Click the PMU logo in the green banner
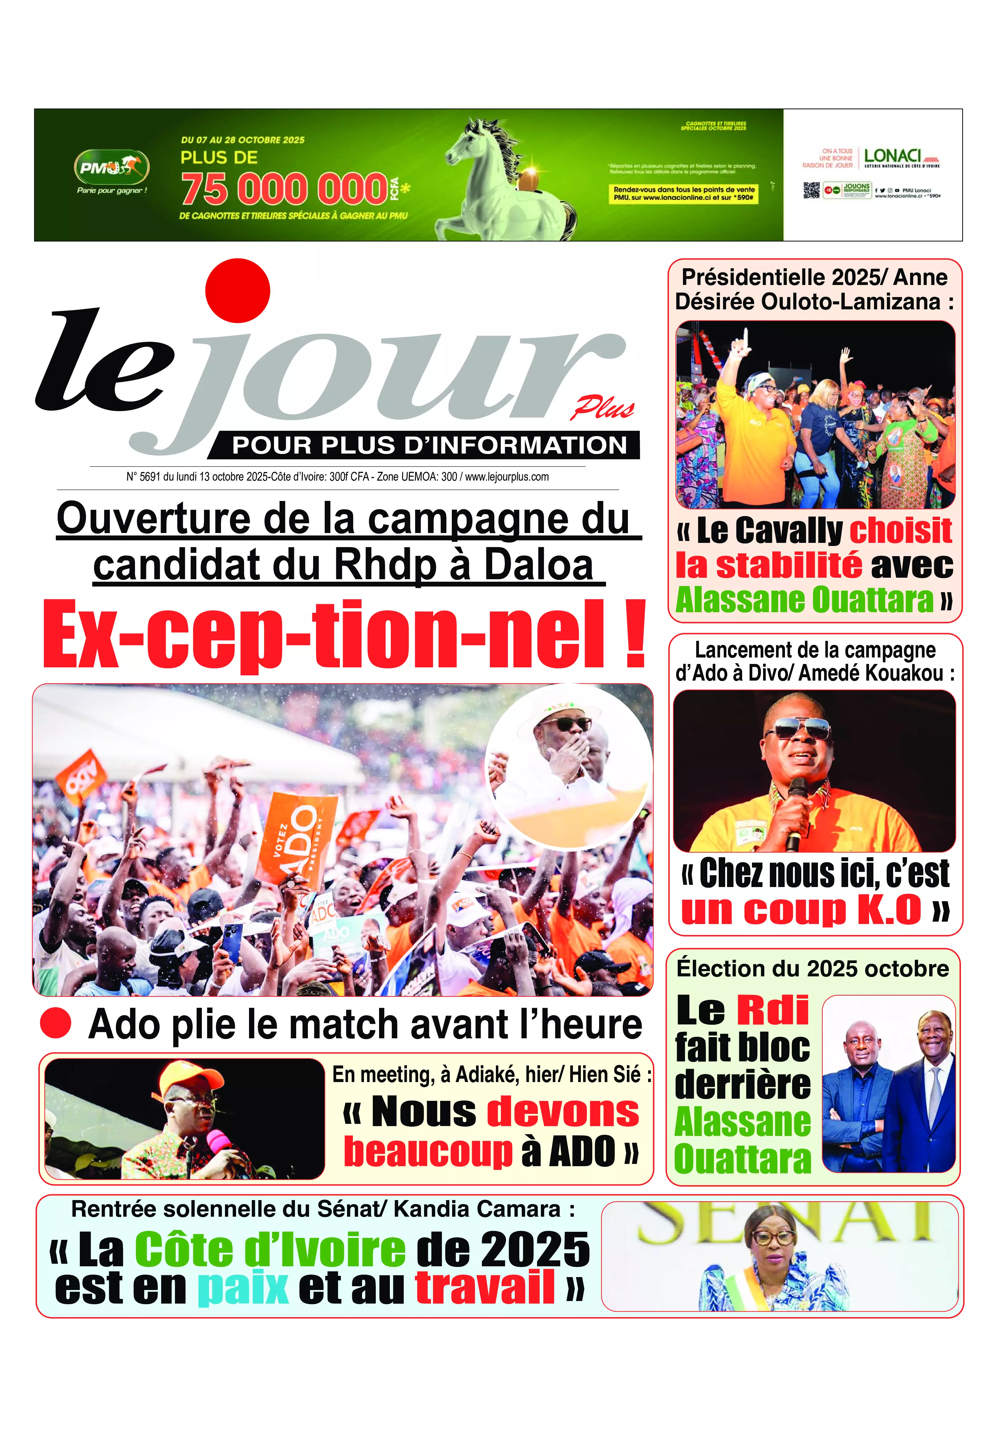[x=112, y=167]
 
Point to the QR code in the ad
[x=811, y=191]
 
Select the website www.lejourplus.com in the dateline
[x=507, y=477]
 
